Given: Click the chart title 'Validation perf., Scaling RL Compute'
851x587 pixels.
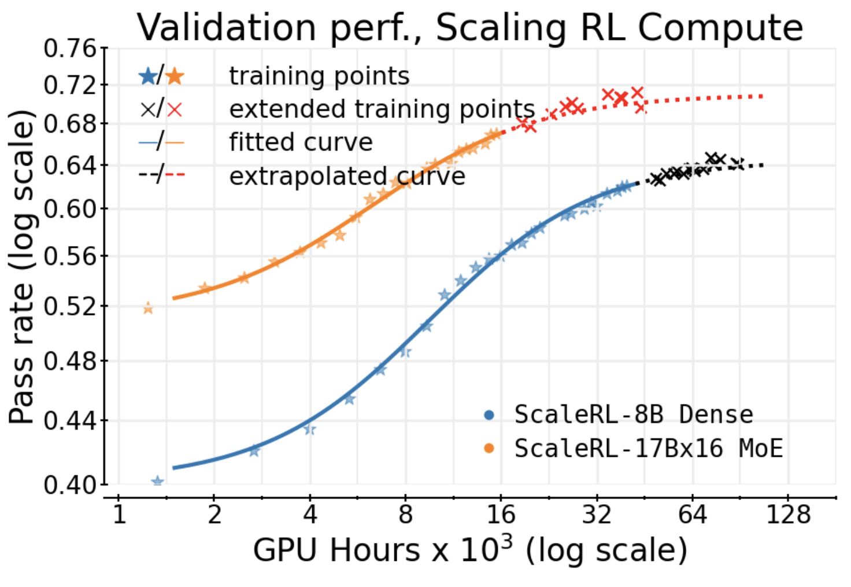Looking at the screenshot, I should click(469, 27).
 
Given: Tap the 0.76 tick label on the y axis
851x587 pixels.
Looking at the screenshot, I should click(69, 49).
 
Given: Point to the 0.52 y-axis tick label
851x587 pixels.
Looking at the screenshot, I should click(69, 306).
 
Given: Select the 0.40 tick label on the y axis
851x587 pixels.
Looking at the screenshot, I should click(69, 484).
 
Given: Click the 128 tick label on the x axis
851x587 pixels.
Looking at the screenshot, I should click(788, 514).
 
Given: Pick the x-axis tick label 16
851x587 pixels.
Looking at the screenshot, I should click(500, 514).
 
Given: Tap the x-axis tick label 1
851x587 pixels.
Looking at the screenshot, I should click(119, 514).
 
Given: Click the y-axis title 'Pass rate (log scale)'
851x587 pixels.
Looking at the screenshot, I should click(22, 266).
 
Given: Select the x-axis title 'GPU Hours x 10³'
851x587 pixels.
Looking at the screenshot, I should click(469, 550).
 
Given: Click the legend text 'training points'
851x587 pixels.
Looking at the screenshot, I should click(319, 76).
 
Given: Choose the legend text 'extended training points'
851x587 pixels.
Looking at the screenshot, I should click(382, 109).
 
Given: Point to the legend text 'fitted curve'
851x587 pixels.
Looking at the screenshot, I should click(301, 142).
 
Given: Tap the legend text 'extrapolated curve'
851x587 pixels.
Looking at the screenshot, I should click(347, 176).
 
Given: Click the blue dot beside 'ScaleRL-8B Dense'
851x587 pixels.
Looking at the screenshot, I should click(489, 414).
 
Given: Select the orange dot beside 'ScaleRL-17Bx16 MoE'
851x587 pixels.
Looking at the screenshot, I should click(489, 448).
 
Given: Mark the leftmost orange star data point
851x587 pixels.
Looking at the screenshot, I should click(148, 308).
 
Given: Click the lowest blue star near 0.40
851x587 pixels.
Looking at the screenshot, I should click(157, 481).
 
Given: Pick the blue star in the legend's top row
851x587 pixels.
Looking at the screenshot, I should click(148, 76).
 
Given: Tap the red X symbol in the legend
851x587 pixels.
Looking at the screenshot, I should click(175, 109).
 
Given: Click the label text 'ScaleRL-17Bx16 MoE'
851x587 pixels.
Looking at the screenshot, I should click(648, 449).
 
